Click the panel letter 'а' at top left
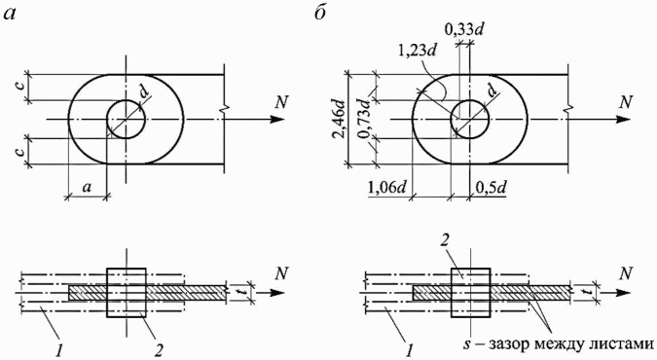click(x=12, y=14)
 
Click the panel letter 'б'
click(x=320, y=13)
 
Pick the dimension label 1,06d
click(x=386, y=188)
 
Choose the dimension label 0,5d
click(x=492, y=188)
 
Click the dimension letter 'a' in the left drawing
click(x=87, y=187)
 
